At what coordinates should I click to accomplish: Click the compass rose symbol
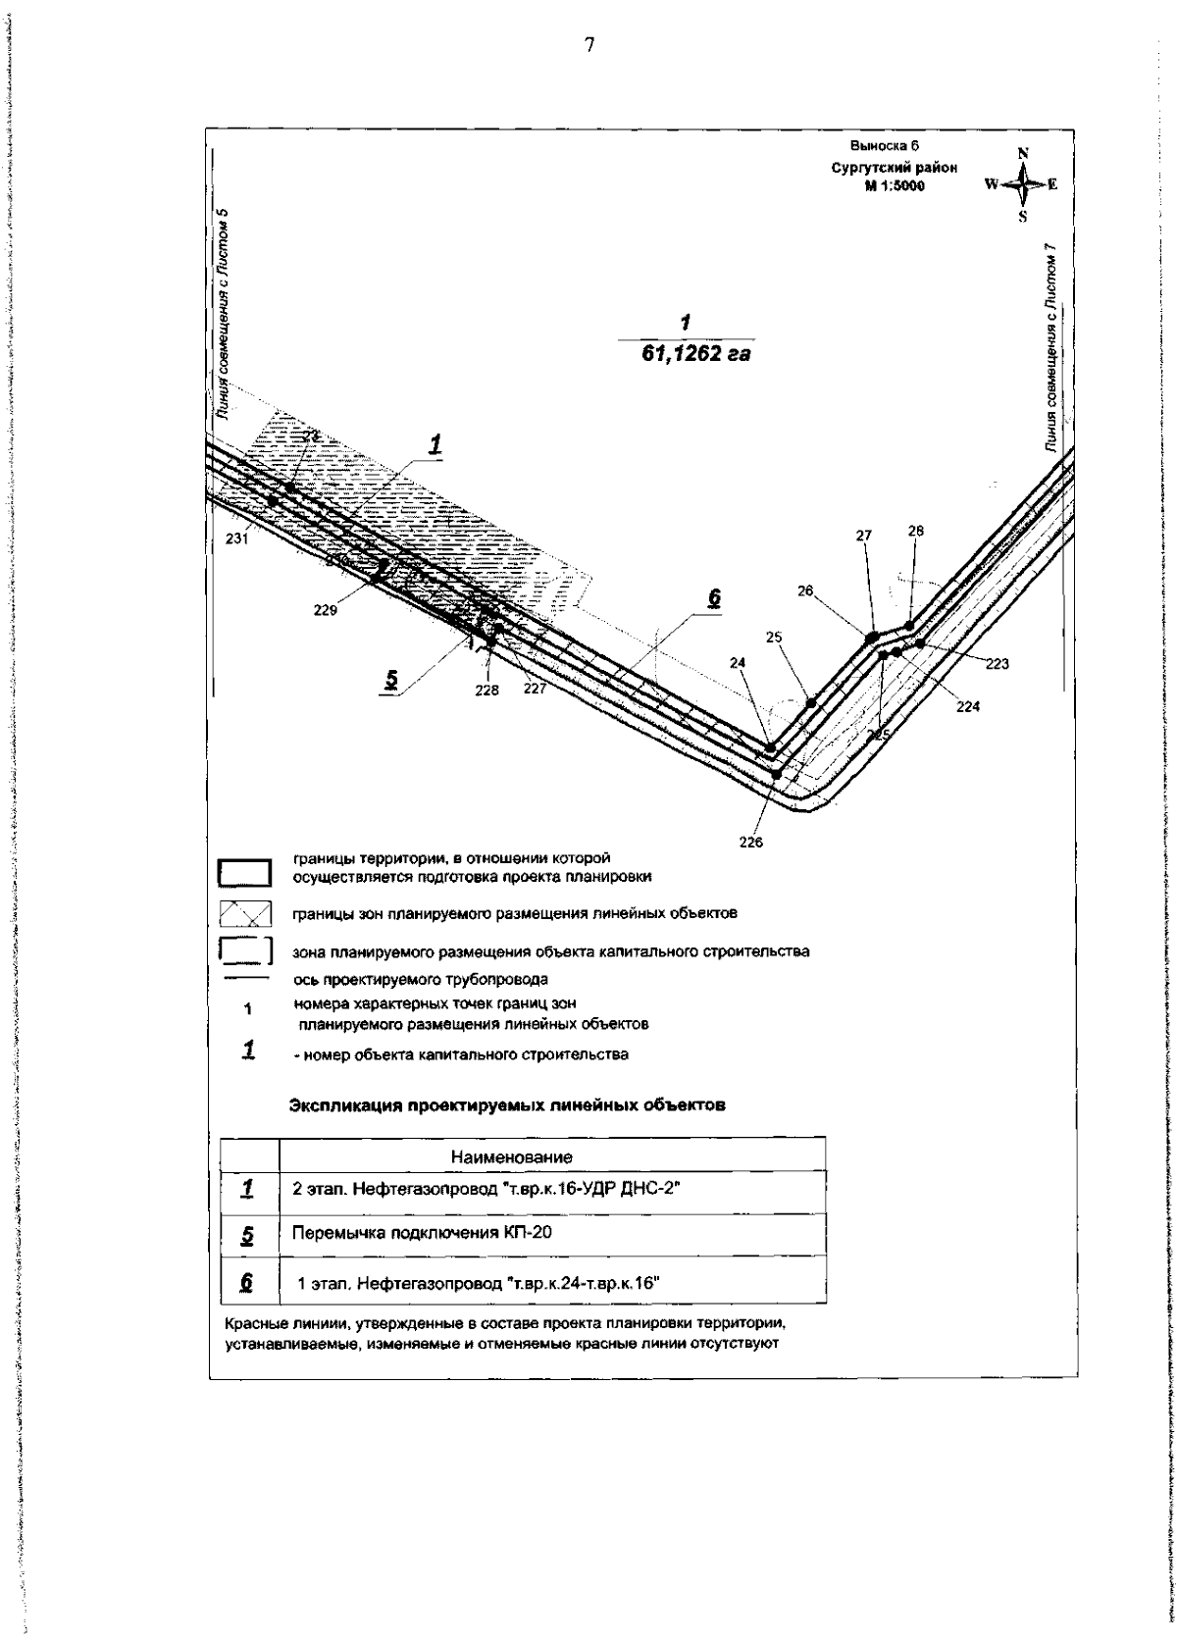(x=1023, y=183)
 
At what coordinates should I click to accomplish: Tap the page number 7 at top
(x=588, y=44)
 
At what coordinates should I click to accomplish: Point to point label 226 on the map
(x=750, y=842)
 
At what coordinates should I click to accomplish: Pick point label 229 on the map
(x=326, y=609)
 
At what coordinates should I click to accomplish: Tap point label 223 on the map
(x=997, y=664)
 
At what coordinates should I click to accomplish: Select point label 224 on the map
(x=968, y=705)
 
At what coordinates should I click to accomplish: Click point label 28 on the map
(x=915, y=531)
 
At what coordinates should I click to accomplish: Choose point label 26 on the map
(x=806, y=591)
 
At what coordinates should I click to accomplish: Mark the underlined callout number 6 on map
(x=714, y=597)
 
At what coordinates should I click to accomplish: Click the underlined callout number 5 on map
(x=391, y=678)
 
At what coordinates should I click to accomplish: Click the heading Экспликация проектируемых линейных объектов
(x=507, y=1105)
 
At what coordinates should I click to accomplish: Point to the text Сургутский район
(x=895, y=168)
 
